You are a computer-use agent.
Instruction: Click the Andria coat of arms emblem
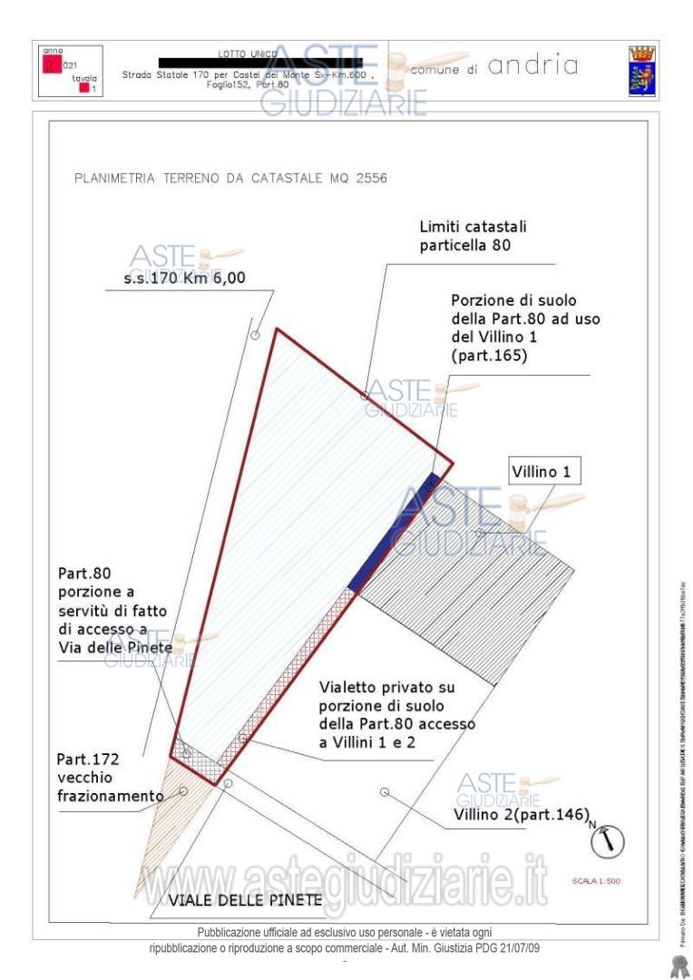click(643, 71)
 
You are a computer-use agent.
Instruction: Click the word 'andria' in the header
click(533, 66)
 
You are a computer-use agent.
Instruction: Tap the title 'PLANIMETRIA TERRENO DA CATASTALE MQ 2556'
click(229, 178)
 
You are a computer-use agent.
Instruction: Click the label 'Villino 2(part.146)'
click(522, 814)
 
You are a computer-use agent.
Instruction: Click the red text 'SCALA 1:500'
click(596, 881)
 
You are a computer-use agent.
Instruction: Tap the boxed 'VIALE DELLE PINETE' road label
click(244, 900)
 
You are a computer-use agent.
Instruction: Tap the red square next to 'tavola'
click(83, 88)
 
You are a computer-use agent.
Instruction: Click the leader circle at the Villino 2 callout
click(385, 792)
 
